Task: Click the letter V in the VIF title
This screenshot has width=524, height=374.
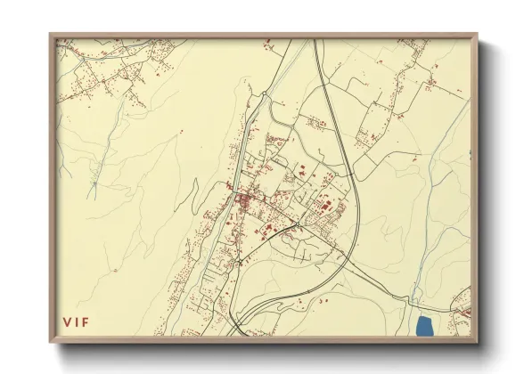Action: click(66, 321)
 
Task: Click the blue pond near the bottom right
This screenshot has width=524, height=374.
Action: click(423, 326)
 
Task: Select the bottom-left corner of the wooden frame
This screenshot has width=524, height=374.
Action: click(51, 343)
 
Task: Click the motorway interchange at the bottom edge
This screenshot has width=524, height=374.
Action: click(239, 326)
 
